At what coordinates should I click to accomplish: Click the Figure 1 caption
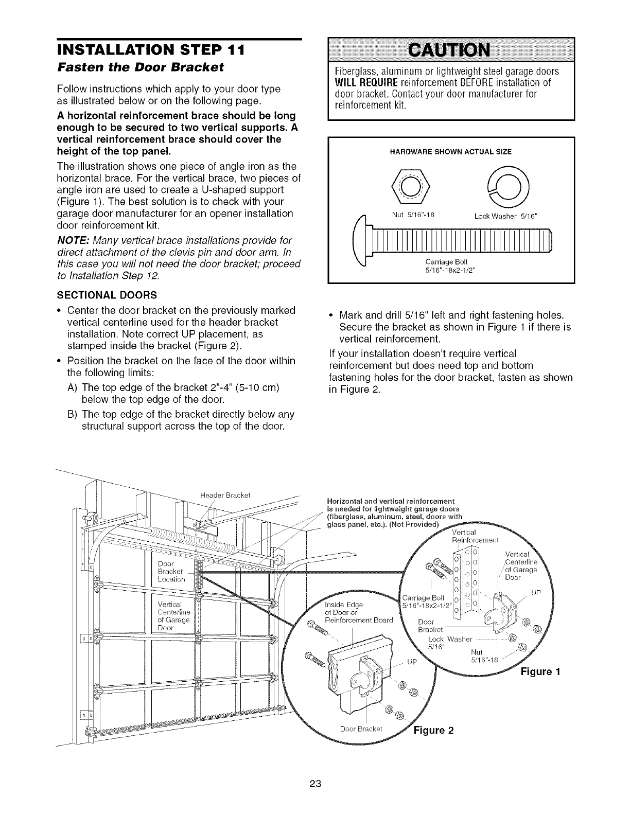point(539,671)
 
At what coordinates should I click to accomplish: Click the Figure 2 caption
point(433,731)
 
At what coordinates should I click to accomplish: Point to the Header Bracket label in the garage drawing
point(224,495)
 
